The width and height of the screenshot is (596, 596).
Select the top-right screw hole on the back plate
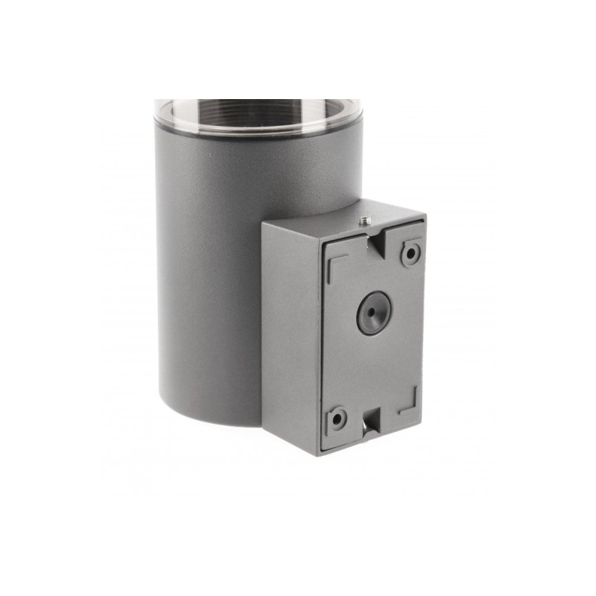click(410, 253)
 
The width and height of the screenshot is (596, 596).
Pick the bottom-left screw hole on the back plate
click(337, 419)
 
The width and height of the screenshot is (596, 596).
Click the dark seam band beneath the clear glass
click(257, 134)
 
